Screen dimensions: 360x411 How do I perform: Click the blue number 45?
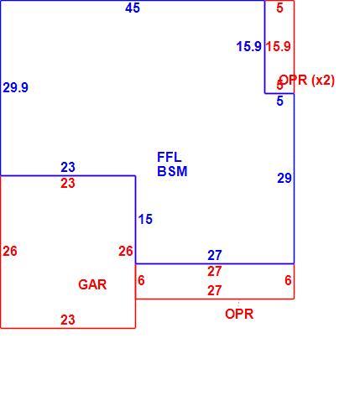[x=133, y=8]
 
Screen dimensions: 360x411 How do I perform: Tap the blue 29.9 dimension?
[x=16, y=87]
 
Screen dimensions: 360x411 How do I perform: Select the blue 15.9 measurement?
[x=249, y=46]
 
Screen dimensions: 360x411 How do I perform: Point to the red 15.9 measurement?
[x=279, y=46]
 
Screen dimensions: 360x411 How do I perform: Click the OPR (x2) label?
[x=307, y=81]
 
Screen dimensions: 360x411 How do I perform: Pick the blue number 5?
[x=280, y=101]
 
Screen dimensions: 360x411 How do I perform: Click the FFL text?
[x=170, y=157]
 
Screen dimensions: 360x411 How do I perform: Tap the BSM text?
[x=172, y=171]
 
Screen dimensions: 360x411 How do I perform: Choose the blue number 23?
[x=68, y=167]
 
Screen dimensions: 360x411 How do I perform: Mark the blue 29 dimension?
[x=284, y=178]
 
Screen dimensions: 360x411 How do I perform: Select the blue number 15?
[x=145, y=219]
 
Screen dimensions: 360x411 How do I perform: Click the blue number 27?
[x=215, y=255]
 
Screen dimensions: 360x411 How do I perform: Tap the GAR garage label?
[x=92, y=284]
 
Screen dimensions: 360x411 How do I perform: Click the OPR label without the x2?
[x=239, y=314]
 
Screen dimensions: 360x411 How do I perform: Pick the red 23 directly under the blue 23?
[x=68, y=184]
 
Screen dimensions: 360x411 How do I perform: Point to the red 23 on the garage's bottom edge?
[x=68, y=320]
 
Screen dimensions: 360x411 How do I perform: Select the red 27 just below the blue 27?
[x=215, y=272]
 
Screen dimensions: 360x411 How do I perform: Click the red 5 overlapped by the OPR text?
[x=280, y=85]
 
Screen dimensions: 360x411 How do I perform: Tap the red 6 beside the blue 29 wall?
[x=288, y=280]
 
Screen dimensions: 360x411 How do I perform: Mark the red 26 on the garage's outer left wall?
[x=10, y=251]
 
